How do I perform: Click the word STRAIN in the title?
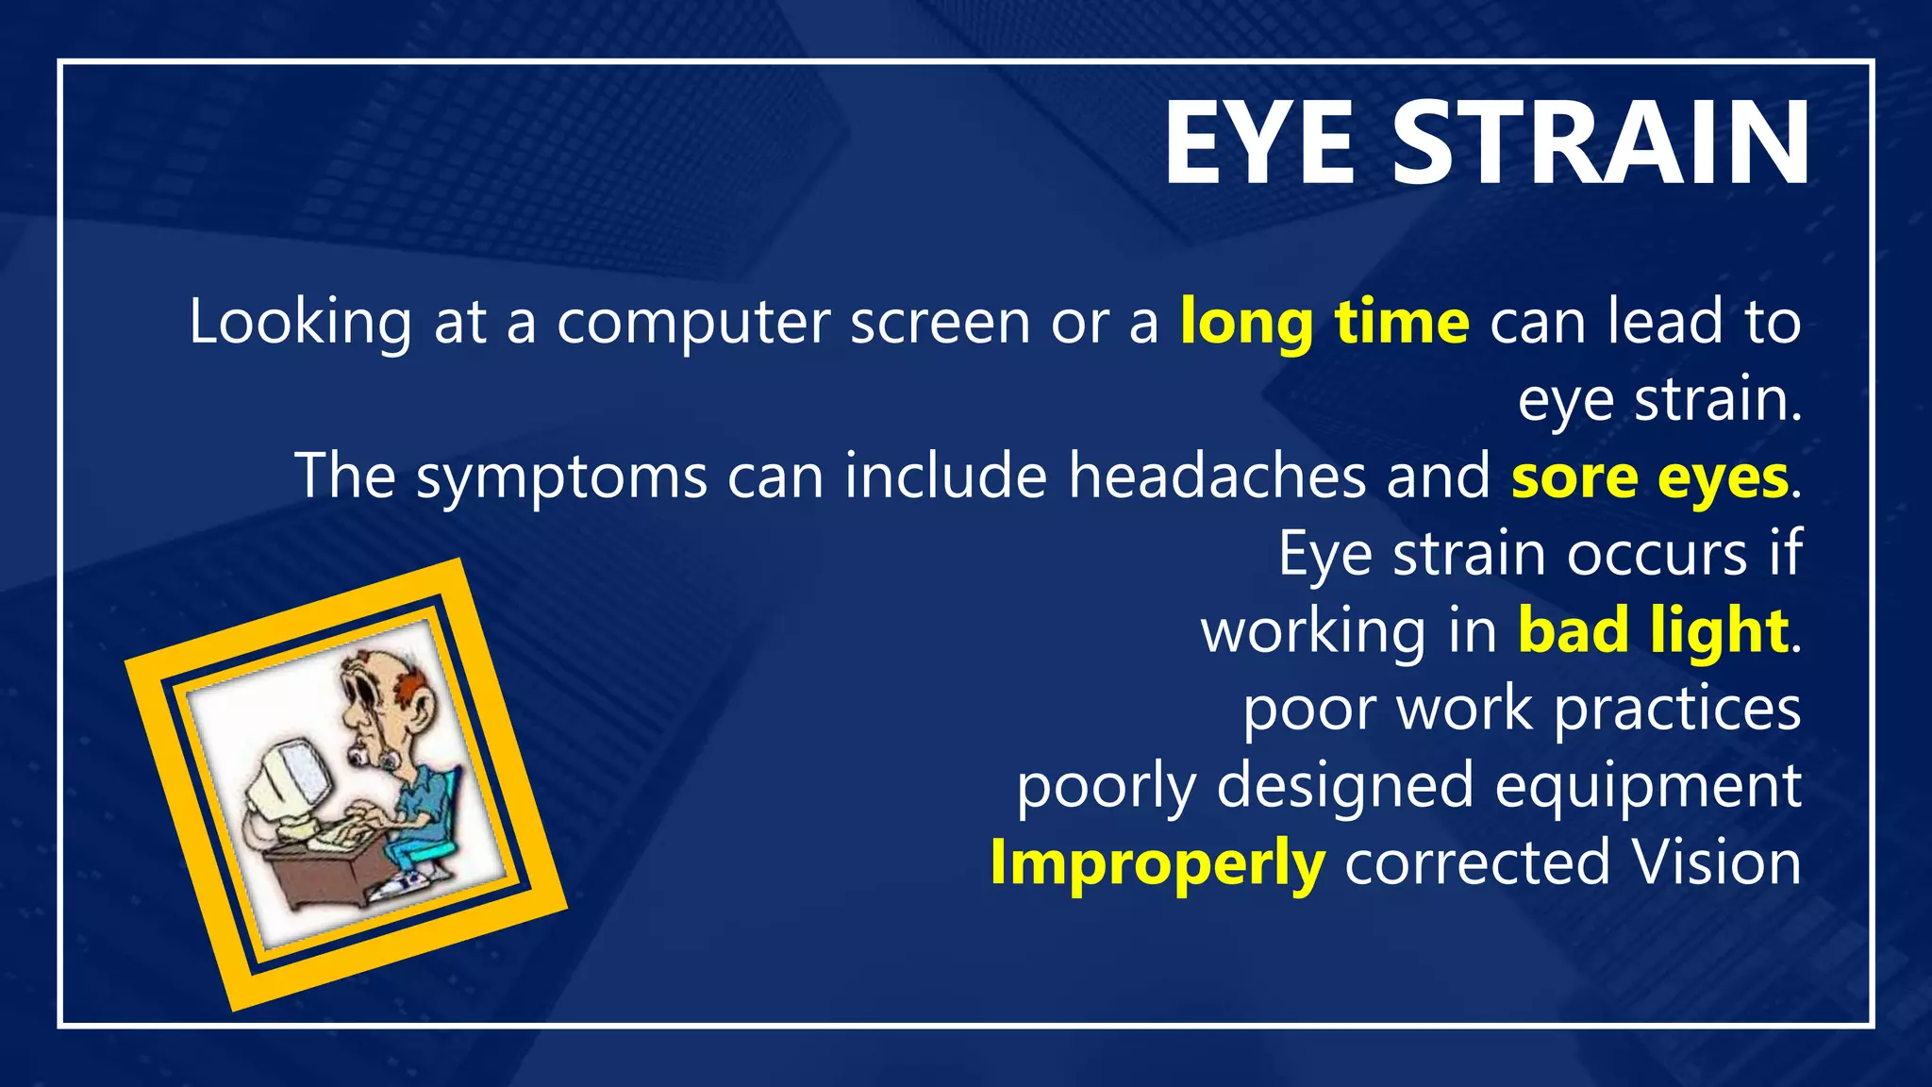(1600, 143)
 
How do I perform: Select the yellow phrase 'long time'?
(1324, 323)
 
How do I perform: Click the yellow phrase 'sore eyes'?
(1650, 477)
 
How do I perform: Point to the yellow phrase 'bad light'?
(1653, 631)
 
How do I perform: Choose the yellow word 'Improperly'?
(1158, 863)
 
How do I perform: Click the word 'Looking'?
(300, 323)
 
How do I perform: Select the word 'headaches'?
(1217, 476)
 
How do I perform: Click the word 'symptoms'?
(561, 477)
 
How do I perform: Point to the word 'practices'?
(1677, 710)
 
